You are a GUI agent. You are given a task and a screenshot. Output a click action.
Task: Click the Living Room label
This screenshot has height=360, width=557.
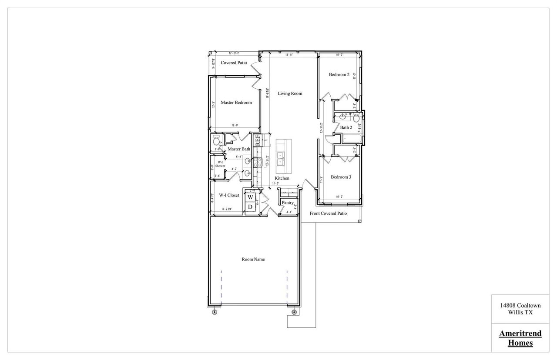(290, 93)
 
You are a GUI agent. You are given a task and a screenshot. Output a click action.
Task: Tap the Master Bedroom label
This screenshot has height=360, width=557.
(236, 103)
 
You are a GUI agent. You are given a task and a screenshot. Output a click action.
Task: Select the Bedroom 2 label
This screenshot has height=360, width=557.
(339, 75)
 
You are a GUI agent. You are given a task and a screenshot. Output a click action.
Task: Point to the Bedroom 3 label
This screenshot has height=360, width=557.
(341, 177)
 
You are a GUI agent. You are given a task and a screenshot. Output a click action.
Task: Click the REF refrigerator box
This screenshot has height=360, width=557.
(258, 140)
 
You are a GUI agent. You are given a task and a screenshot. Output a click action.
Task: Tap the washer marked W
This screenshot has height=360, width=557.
(250, 197)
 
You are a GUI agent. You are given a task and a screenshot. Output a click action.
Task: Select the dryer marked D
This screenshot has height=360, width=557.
(250, 207)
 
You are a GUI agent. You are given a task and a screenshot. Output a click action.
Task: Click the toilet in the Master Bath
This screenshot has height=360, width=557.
(216, 141)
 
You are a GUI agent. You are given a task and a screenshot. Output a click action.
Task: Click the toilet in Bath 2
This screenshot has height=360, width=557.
(356, 118)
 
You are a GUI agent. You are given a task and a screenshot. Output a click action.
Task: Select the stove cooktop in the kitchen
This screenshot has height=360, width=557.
(256, 162)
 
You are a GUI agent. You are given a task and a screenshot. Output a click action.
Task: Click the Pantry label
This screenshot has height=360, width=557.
(287, 203)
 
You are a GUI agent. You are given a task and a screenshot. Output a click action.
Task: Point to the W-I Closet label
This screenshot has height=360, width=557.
(229, 196)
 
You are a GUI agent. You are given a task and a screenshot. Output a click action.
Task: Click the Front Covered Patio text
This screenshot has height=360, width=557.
(328, 213)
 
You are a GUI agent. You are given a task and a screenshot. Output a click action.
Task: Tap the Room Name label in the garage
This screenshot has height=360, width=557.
(253, 260)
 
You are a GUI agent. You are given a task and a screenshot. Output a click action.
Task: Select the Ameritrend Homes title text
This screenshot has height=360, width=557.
(520, 338)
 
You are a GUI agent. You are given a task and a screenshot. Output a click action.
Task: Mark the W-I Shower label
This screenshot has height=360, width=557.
(220, 164)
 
